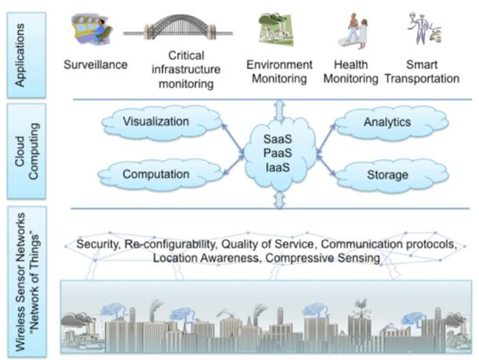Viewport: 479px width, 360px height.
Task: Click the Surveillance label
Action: pos(94,66)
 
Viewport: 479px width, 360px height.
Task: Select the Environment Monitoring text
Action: pos(279,71)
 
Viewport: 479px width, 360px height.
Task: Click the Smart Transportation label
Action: pos(422,71)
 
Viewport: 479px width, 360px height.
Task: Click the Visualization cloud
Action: pos(156,122)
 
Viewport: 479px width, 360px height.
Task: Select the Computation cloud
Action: pos(156,174)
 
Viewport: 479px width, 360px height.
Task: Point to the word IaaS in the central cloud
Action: pos(279,164)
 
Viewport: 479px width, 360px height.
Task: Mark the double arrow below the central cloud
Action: pos(279,200)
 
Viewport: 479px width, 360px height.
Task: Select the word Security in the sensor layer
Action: pos(98,244)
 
